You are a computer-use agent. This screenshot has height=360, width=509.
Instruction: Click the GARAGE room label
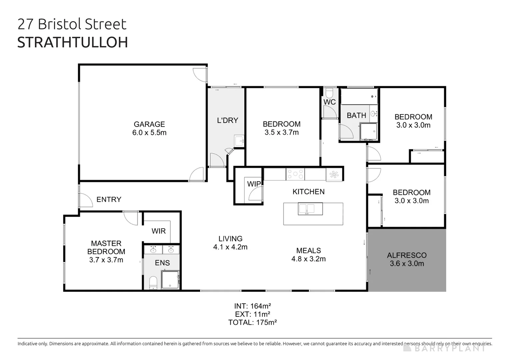(x=149, y=124)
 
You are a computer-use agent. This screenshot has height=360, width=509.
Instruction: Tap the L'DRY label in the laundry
(x=227, y=120)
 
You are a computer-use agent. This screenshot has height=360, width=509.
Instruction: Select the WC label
(x=329, y=102)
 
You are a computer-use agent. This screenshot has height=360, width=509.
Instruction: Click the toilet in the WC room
(x=329, y=92)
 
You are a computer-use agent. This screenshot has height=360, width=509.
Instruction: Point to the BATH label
(x=356, y=115)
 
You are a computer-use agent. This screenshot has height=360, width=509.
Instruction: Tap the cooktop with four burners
(x=295, y=174)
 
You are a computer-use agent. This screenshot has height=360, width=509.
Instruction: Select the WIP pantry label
(x=254, y=184)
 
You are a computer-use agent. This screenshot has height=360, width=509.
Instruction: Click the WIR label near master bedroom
(x=158, y=231)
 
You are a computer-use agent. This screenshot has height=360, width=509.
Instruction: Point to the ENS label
(x=162, y=263)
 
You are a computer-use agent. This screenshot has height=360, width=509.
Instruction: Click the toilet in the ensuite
(x=153, y=282)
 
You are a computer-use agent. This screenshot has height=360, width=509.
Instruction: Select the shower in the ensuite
(x=170, y=279)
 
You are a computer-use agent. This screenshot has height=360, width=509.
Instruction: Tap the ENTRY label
(x=109, y=199)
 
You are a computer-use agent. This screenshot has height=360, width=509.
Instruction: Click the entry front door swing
(x=86, y=200)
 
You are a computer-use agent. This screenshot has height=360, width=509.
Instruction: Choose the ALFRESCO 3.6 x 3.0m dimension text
(x=407, y=264)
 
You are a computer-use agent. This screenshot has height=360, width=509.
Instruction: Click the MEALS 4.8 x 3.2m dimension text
(x=308, y=259)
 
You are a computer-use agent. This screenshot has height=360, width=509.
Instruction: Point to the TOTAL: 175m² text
(x=252, y=322)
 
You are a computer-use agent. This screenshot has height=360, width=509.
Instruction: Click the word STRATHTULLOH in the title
(x=72, y=43)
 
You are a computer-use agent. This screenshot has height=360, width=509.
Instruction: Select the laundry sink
(x=239, y=141)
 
